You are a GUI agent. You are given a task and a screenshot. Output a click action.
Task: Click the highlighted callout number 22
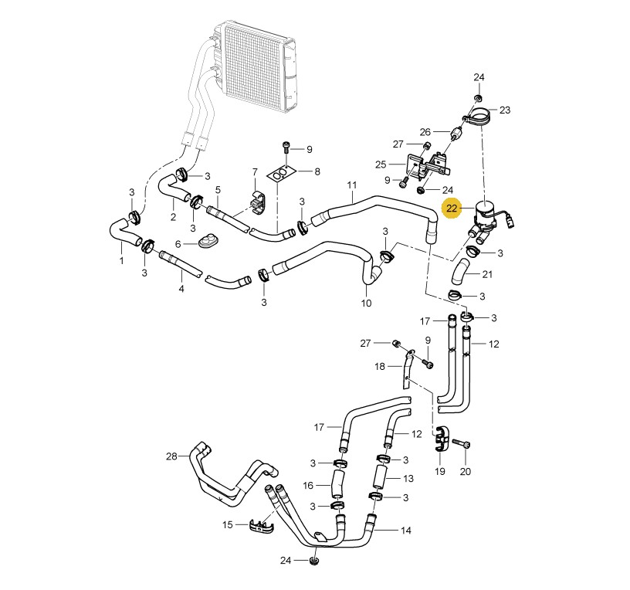[x=452, y=209]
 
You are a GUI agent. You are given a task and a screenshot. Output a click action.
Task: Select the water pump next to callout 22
[x=489, y=221]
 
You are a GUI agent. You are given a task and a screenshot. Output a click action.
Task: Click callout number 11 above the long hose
[x=352, y=185]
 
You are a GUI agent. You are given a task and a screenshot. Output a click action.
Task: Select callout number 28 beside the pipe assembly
[x=171, y=456]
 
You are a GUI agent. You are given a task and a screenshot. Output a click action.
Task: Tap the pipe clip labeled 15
[x=260, y=526]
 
